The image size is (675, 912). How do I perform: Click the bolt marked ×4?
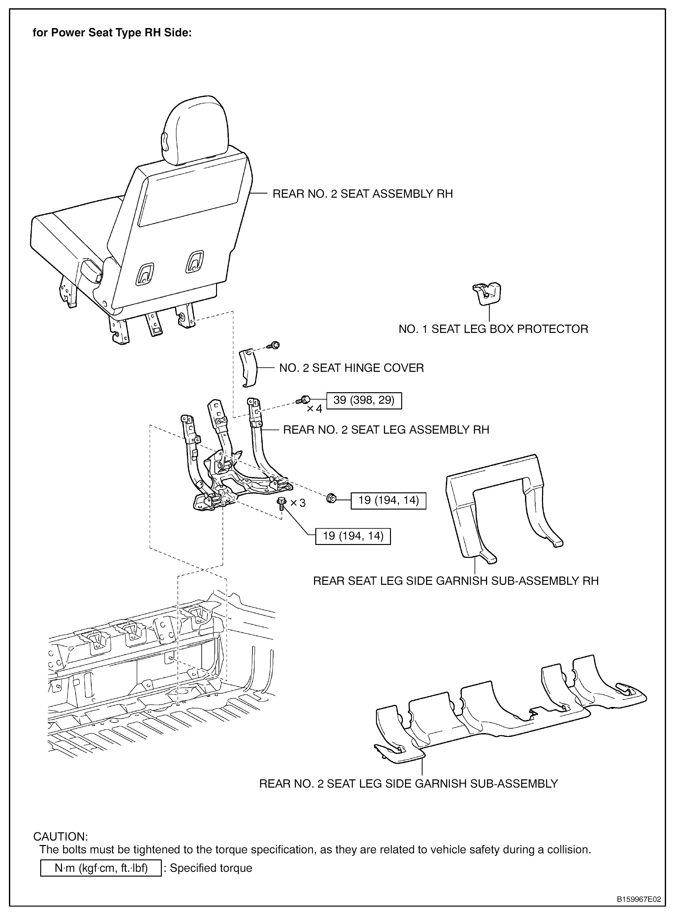(304, 399)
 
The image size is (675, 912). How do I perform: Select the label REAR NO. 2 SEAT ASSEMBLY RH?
(363, 194)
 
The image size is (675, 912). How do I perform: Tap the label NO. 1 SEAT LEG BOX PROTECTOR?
(493, 329)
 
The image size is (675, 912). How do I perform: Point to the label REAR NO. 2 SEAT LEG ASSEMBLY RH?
(386, 430)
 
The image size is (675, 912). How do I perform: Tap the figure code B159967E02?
(639, 899)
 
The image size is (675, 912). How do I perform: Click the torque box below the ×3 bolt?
(353, 536)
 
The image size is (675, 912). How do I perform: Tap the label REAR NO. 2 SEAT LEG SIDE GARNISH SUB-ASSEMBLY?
(408, 783)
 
